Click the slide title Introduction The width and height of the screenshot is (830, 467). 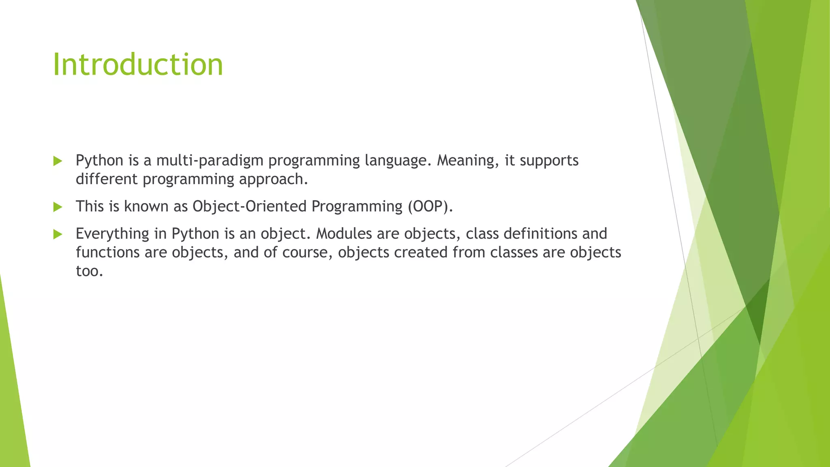(138, 65)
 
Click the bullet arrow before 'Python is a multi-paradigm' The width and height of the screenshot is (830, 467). (58, 161)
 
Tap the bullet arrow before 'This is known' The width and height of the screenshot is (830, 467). (58, 207)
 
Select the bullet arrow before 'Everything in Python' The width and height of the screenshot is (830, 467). (58, 234)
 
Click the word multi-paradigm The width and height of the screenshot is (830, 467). (210, 161)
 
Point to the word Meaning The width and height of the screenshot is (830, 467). (466, 161)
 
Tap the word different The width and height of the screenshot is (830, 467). (107, 179)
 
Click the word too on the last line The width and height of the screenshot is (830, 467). (89, 271)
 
